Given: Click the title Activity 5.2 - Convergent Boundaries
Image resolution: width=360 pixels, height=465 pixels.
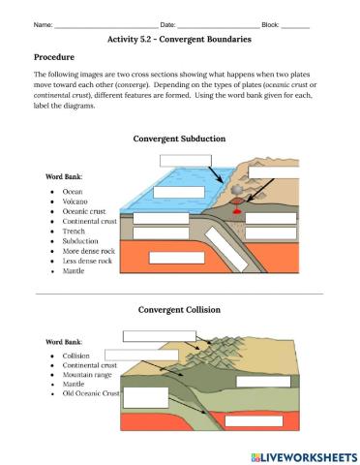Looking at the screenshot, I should click(180, 41).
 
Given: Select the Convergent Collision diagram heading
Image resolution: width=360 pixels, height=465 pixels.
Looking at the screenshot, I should click(179, 310).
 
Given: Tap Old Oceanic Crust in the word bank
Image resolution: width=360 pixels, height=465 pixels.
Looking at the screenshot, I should click(92, 393).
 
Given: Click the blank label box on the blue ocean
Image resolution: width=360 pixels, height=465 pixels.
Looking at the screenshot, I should click(184, 160).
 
